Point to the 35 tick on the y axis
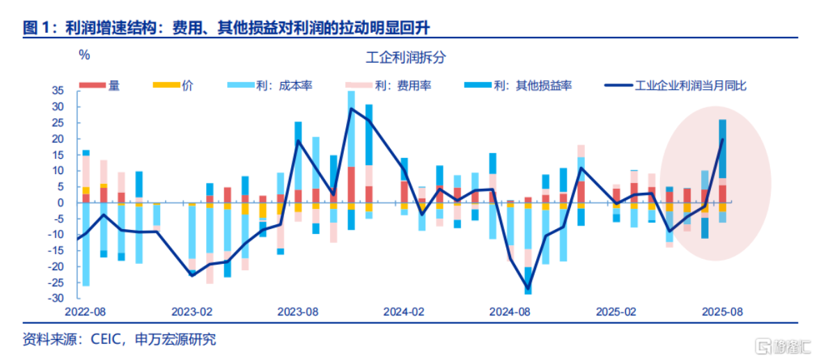coord(58,91)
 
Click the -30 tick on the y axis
coord(56,298)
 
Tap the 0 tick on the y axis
coord(61,203)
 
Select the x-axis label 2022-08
coord(86,311)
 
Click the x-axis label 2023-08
coord(298,311)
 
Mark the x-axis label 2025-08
coord(721,311)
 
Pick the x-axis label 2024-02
coord(404,311)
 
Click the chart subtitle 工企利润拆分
coord(405,58)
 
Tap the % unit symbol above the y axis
coord(84,54)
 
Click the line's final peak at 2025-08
coord(722,139)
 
